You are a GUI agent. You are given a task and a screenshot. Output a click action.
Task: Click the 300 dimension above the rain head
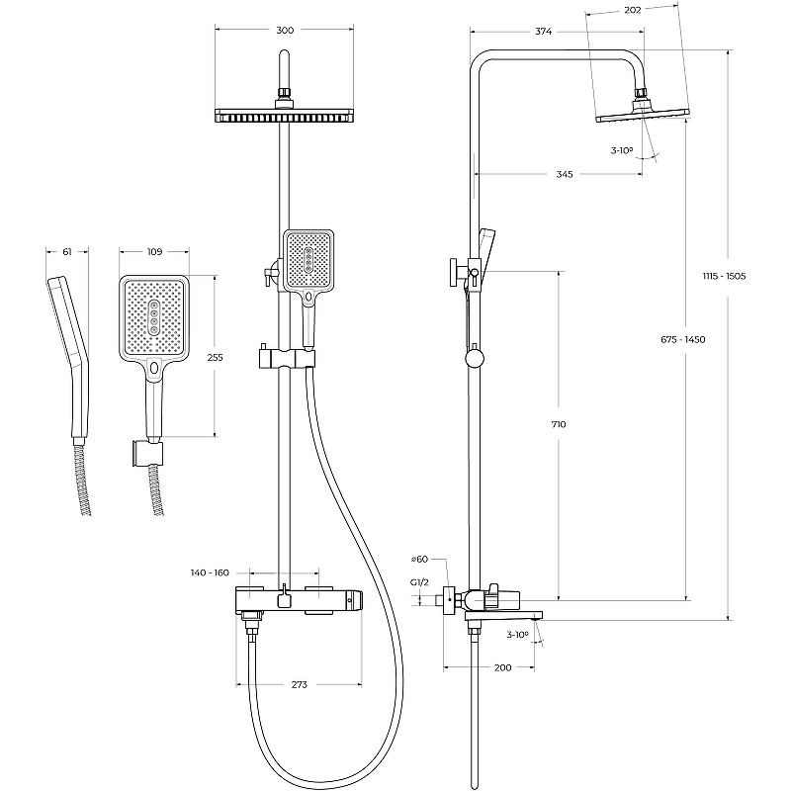(285, 31)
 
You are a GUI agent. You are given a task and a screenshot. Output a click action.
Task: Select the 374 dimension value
(543, 32)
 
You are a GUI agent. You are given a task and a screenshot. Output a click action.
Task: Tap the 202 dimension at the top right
(634, 10)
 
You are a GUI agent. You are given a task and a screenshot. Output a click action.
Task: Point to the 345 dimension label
(564, 174)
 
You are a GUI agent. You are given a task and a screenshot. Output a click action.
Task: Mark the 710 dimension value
(560, 424)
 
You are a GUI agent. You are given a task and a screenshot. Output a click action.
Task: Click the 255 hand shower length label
(215, 360)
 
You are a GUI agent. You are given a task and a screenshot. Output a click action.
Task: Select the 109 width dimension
(154, 252)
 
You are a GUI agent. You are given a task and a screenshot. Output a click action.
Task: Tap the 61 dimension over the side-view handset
(67, 252)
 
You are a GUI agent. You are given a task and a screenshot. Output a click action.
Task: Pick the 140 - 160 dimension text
(209, 572)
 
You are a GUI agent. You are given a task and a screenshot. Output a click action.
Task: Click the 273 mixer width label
(300, 684)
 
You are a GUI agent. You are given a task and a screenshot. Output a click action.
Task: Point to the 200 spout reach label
(502, 669)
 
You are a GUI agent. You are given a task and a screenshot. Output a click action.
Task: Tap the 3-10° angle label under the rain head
(622, 150)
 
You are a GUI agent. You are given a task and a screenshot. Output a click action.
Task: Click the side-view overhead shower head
(640, 115)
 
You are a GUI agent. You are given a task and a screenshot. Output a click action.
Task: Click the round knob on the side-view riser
(476, 358)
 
